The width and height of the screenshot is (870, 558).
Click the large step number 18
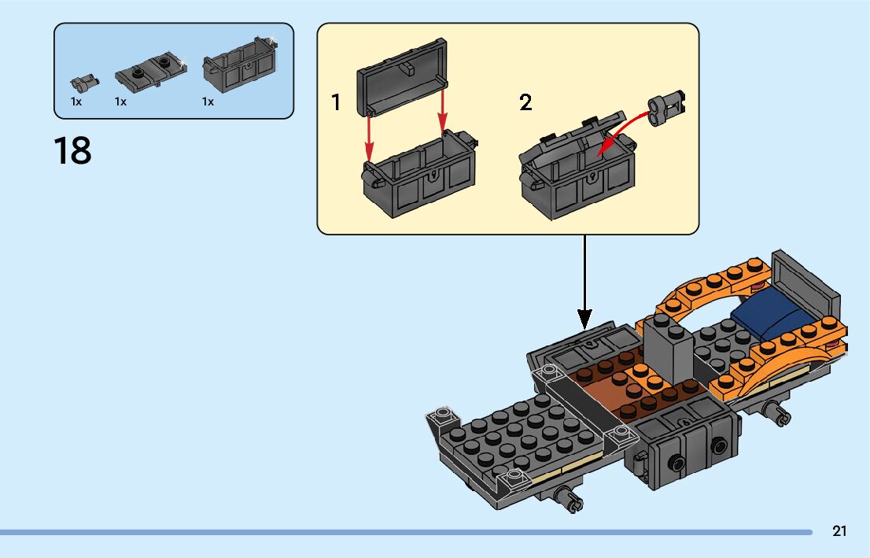click(72, 150)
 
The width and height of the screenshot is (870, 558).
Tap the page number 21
click(839, 531)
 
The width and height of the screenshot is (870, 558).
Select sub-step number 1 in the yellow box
click(336, 102)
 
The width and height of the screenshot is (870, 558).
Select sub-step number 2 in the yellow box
click(525, 102)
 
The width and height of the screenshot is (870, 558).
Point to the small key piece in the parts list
click(84, 83)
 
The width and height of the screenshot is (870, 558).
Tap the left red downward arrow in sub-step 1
click(369, 137)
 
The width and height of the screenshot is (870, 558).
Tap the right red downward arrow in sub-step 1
click(442, 113)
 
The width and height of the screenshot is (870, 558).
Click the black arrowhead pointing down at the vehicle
click(584, 320)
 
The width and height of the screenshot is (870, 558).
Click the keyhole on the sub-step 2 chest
click(592, 178)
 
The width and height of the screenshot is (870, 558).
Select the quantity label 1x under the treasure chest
click(208, 102)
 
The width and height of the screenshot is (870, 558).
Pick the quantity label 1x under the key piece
click(76, 102)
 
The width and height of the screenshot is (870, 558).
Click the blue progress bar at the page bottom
click(406, 532)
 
